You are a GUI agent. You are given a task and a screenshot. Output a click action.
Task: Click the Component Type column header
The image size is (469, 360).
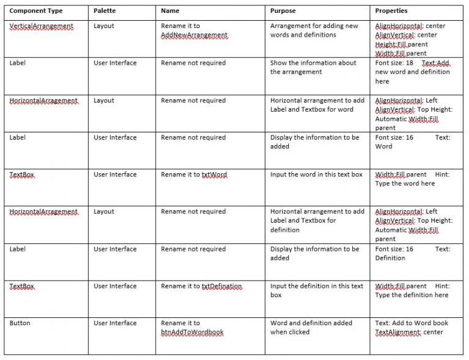36,11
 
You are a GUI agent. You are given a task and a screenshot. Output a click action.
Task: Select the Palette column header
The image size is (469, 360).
104,11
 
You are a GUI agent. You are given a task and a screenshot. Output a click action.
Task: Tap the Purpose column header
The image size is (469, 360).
283,11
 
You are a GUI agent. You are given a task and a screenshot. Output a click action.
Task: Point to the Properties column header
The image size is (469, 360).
391,11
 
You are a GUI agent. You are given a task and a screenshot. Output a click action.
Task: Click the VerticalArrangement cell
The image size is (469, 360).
42,26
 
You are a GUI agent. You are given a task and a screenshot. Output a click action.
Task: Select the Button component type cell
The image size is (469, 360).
20,323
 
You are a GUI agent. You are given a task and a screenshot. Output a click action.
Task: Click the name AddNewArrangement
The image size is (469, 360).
194,35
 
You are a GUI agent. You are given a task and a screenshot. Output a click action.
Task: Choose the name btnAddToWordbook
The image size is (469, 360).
192,333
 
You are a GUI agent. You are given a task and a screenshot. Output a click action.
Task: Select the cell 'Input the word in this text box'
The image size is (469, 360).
316,175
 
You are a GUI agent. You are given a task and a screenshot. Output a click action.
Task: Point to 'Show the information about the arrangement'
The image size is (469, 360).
313,67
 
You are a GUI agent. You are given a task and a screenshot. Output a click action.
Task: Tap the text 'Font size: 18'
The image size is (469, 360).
394,63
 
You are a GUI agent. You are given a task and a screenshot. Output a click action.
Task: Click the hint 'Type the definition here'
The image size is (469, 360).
412,295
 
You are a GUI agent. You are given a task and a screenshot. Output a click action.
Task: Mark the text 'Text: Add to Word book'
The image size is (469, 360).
412,323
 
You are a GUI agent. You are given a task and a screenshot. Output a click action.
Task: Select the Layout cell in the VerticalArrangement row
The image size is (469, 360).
104,26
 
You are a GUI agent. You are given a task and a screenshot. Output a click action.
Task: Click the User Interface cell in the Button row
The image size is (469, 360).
115,323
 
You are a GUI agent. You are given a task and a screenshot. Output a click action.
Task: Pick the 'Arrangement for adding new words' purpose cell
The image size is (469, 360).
314,31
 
